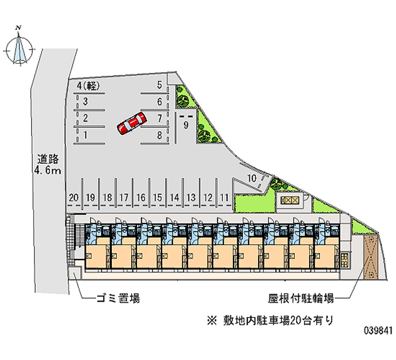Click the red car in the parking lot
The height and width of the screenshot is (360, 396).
click(132, 123)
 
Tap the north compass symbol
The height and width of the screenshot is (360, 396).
click(19, 48)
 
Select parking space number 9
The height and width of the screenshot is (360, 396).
click(186, 125)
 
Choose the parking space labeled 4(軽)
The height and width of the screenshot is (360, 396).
click(89, 86)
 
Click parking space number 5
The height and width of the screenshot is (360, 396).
click(159, 85)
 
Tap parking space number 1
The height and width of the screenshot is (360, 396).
click(85, 135)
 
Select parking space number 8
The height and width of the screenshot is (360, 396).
click(159, 135)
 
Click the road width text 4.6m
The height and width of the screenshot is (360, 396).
click(48, 170)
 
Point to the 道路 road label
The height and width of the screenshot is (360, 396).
click(48, 159)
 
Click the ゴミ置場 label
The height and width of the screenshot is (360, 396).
click(118, 299)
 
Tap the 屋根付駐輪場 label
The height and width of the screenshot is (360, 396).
click(301, 299)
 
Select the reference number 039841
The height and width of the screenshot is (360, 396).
click(378, 330)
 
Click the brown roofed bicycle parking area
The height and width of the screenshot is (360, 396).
click(370, 257)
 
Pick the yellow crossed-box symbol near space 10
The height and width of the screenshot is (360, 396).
click(290, 201)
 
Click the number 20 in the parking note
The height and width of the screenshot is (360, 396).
click(295, 320)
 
